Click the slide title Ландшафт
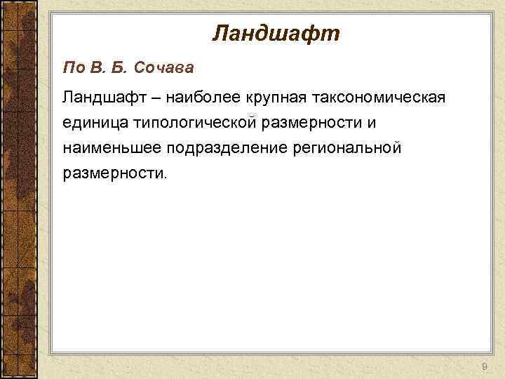click(x=275, y=33)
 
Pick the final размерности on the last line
click(x=113, y=174)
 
